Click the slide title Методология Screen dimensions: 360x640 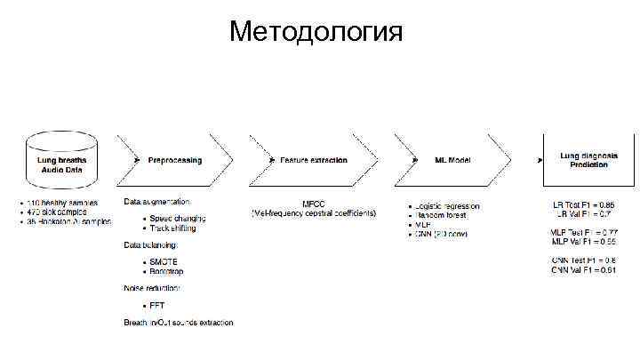coord(316,33)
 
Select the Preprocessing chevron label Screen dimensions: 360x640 coord(175,161)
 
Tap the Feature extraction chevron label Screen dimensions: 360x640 coord(313,161)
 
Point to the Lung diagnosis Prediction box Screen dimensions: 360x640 coord(583,160)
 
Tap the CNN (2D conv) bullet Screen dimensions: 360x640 coord(441,234)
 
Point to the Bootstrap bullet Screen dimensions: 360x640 coord(168,271)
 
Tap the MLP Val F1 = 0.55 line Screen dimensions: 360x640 coord(583,242)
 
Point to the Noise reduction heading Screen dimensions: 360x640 coord(152,288)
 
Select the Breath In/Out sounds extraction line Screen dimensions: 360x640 coord(178,322)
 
